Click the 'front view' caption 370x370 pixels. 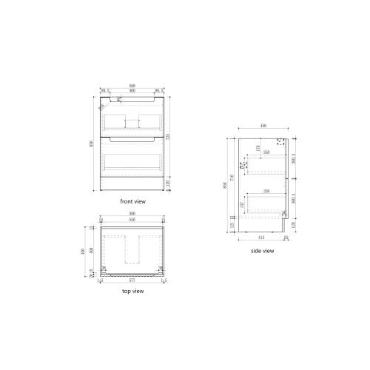coord(132,201)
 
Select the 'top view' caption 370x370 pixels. coord(132,292)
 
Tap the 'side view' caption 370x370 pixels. coord(262,252)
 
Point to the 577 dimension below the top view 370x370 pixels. coord(132,280)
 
